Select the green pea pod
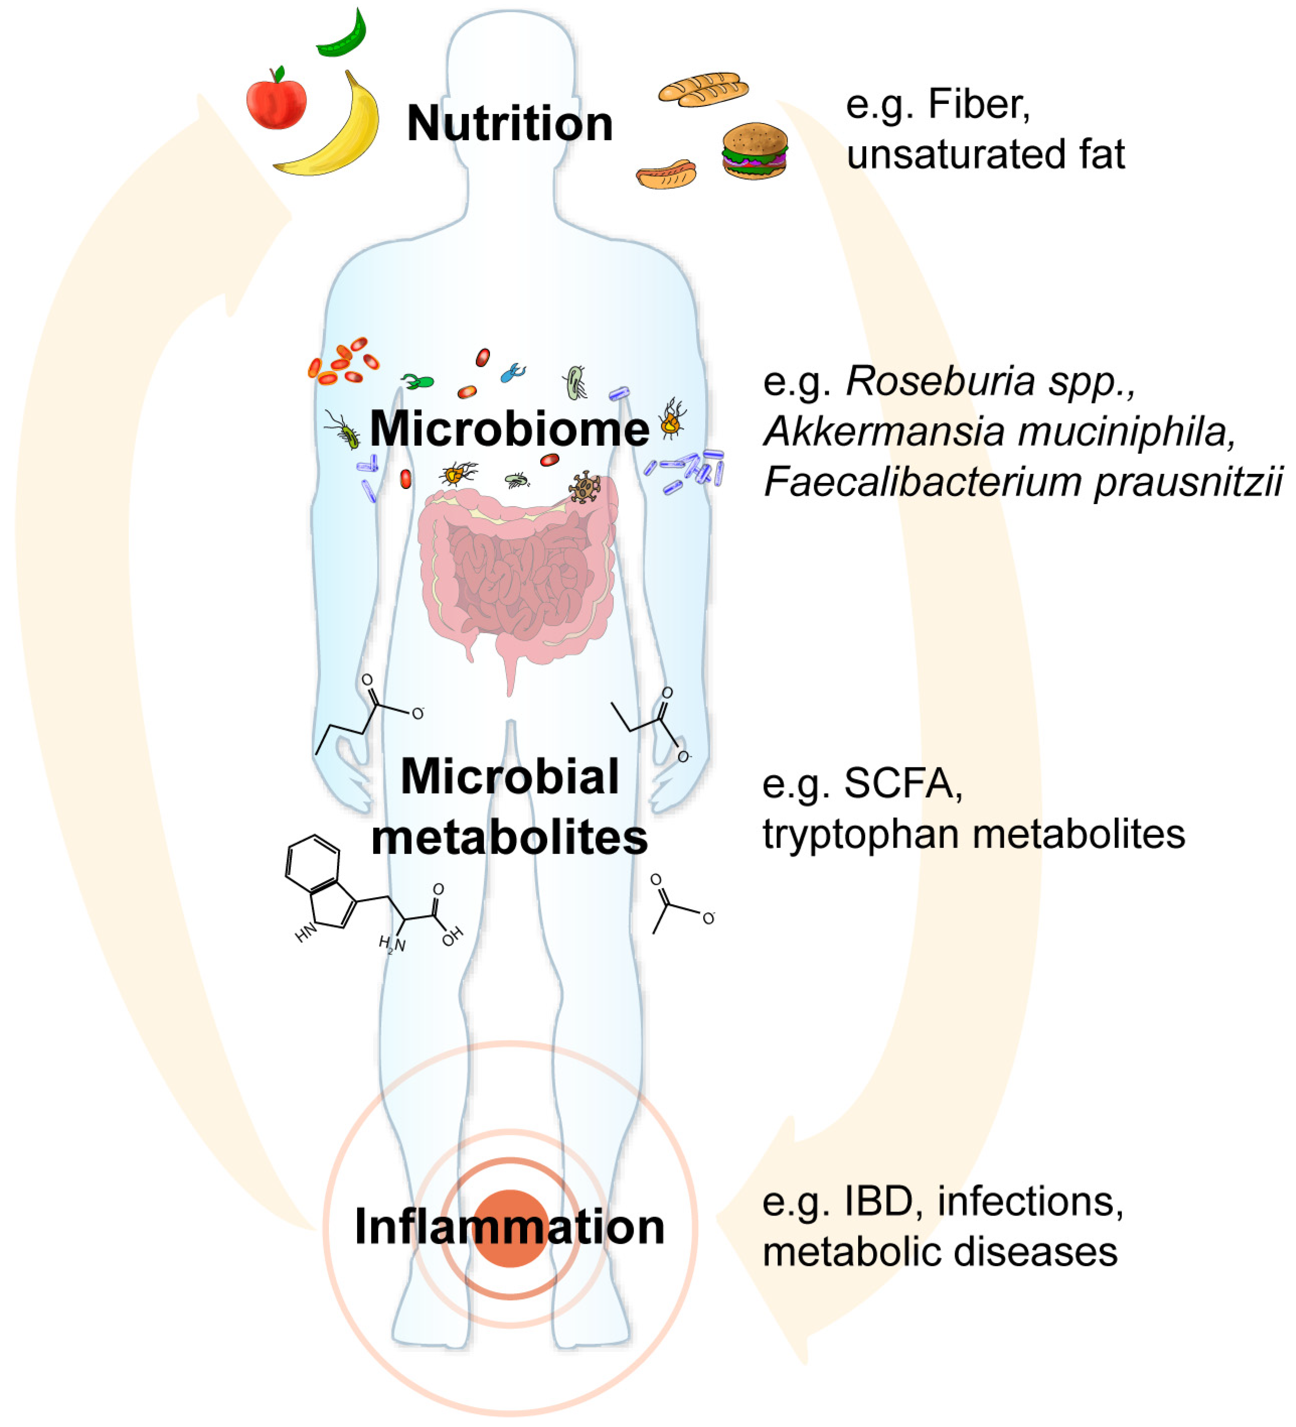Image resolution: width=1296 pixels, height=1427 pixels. coord(343,35)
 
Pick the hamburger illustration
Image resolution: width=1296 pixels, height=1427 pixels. coord(755,151)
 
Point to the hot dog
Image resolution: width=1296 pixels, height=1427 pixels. coord(666,174)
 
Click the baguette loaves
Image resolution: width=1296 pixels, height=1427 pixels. coord(703,90)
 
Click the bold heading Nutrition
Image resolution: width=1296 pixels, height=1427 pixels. coord(510,124)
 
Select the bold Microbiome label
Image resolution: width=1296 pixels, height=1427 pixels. coord(510,428)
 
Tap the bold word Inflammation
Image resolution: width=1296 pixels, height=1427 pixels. coord(510,1227)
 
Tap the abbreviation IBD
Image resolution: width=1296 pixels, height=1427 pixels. coord(878,1201)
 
